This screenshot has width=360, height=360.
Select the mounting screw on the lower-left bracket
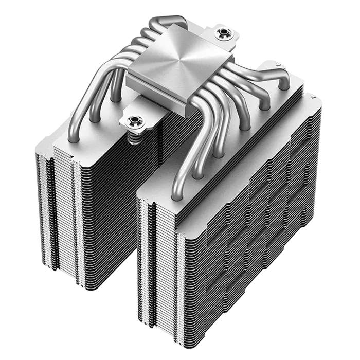tap(134, 121)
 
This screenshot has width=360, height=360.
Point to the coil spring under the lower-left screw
tap(135, 137)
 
